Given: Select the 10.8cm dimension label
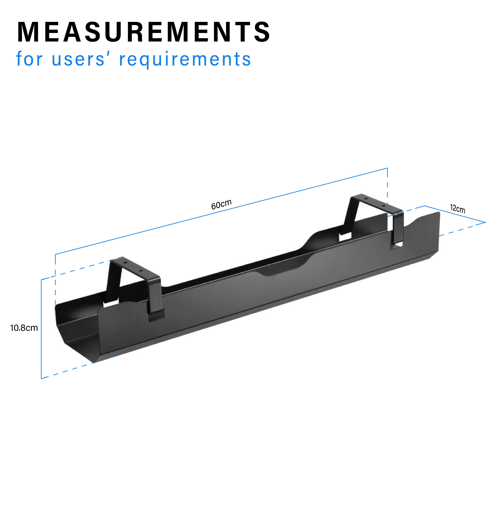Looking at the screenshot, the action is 24,328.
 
